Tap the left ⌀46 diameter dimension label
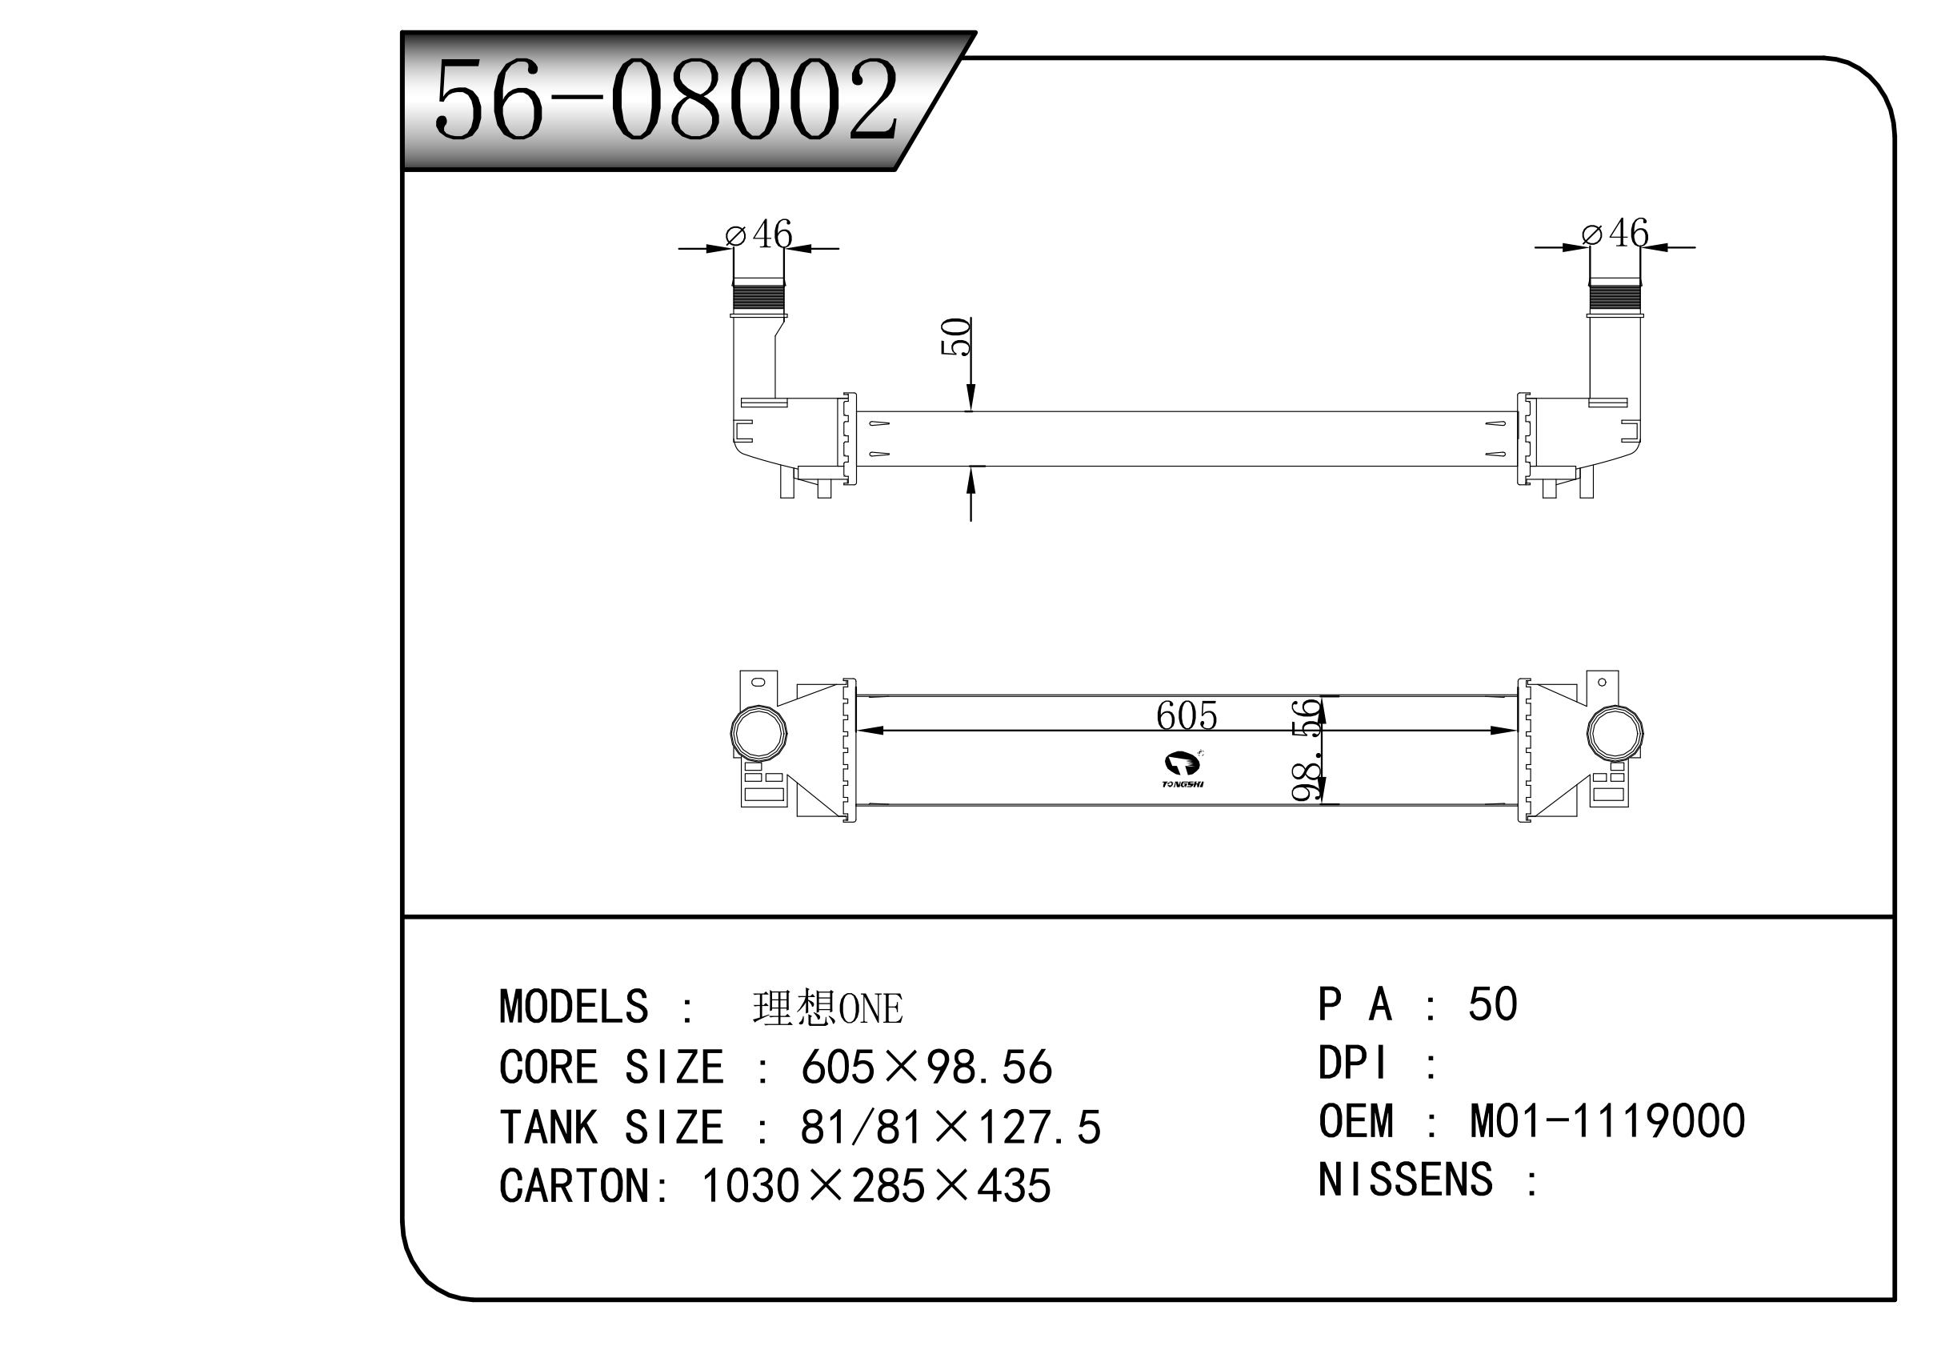point(759,234)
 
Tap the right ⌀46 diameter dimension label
point(1615,233)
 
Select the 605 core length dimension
point(1187,715)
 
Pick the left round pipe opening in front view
point(758,732)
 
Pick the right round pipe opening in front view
point(1615,732)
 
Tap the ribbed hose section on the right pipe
point(1615,298)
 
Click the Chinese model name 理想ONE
point(826,1008)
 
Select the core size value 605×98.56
point(926,1068)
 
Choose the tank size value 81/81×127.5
point(950,1128)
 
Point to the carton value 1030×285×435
point(876,1186)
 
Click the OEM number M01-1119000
point(1607,1121)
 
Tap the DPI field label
point(1351,1064)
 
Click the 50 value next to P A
point(1492,1004)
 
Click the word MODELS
point(574,1007)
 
